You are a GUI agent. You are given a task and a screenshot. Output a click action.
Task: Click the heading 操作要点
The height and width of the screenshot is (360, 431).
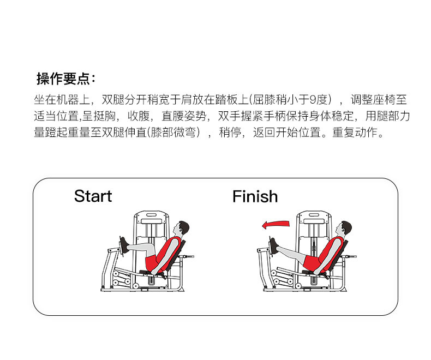tap(65, 79)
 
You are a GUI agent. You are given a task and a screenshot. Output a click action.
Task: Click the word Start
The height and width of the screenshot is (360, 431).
tap(93, 196)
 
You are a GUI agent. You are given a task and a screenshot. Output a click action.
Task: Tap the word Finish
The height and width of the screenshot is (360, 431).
tap(255, 196)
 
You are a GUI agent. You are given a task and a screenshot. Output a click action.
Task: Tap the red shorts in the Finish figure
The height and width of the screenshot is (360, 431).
tap(312, 262)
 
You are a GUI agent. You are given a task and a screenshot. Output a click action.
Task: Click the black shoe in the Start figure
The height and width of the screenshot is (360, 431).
tap(125, 245)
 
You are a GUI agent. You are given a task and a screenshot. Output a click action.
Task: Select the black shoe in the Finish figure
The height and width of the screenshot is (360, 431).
tap(274, 246)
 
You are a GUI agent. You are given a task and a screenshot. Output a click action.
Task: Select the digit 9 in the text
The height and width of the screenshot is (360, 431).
tap(313, 100)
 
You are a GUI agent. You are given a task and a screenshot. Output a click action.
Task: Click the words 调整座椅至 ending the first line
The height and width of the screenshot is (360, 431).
tap(379, 100)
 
